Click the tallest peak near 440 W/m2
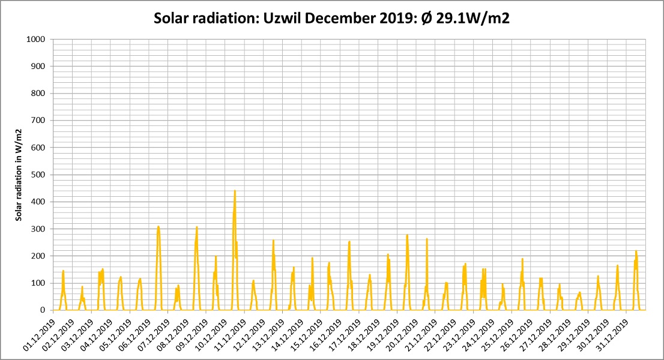(235, 191)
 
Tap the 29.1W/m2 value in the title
(472, 19)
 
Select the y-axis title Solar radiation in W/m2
(19, 175)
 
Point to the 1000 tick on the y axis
(35, 40)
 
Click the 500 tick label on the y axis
(38, 175)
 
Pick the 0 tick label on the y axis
(43, 310)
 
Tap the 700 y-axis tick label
(38, 121)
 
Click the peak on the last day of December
(636, 252)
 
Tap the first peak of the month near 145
(63, 271)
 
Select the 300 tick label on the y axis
(38, 229)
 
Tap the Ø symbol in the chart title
(426, 19)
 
